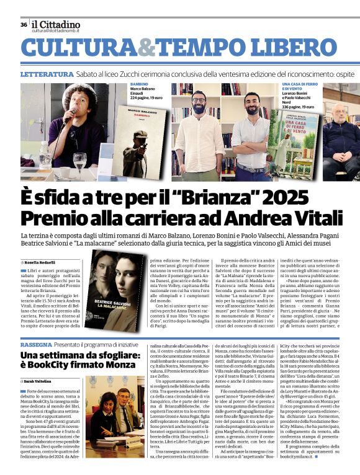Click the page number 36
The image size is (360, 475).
[24, 25]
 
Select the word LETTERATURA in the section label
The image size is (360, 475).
[47, 74]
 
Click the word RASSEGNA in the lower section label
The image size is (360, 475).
[37, 344]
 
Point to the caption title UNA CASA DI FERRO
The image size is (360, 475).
[302, 84]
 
